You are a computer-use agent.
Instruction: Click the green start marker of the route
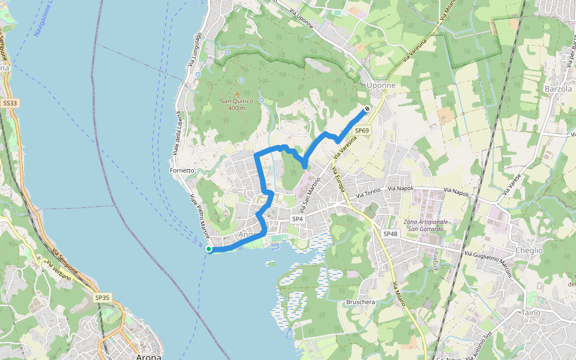click(209, 249)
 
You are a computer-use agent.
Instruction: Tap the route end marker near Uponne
click(367, 109)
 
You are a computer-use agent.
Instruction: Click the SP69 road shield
click(362, 130)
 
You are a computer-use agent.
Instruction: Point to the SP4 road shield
click(298, 220)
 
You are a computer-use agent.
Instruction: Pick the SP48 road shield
click(390, 233)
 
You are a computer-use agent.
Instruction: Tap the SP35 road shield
click(102, 297)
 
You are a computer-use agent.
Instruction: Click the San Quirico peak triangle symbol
click(236, 94)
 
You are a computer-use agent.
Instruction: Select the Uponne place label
click(381, 86)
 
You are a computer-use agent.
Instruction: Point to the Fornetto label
click(182, 170)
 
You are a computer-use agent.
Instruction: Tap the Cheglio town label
click(529, 250)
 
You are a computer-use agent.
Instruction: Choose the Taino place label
click(532, 313)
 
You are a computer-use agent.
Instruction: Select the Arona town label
click(149, 357)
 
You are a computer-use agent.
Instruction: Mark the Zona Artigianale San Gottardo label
click(426, 226)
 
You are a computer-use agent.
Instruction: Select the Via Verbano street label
click(62, 271)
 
